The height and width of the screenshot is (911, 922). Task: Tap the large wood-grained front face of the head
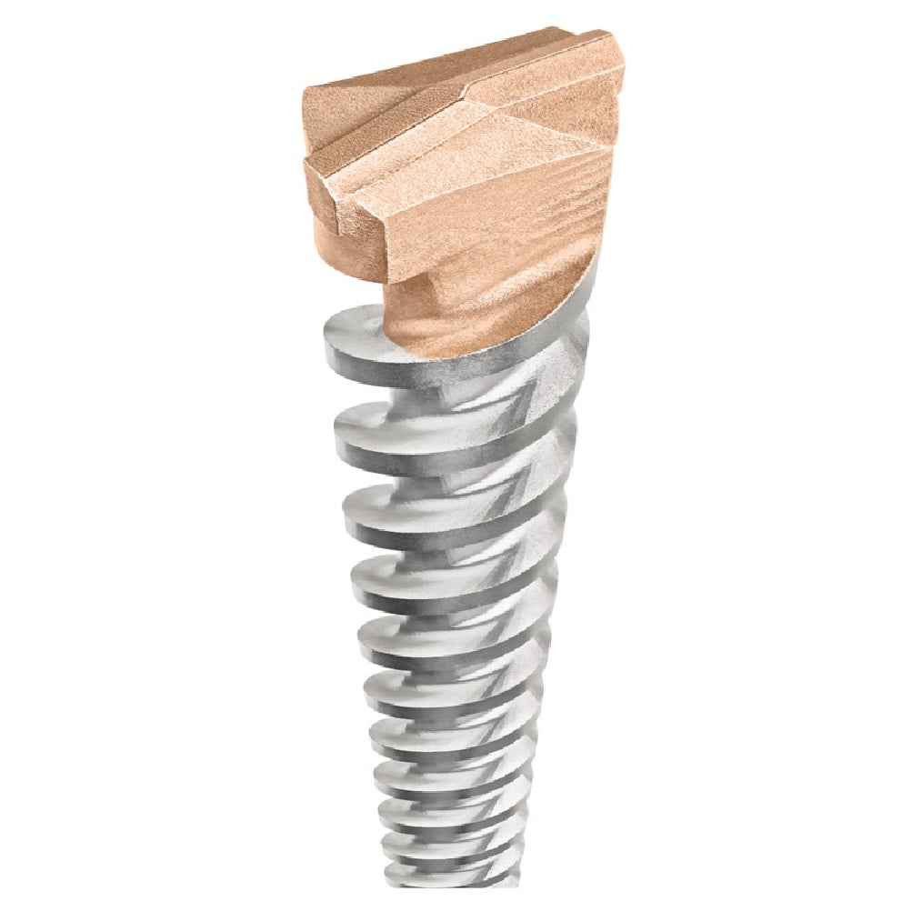[x=509, y=218]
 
